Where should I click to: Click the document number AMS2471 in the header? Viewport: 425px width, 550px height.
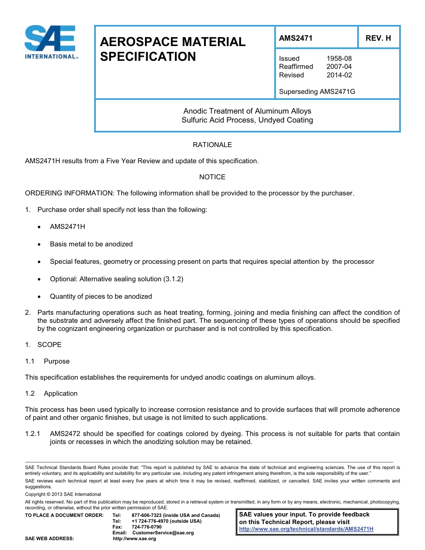click(x=295, y=38)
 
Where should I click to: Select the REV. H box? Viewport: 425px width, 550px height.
click(x=378, y=38)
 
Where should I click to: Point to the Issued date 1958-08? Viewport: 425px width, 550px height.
click(x=339, y=58)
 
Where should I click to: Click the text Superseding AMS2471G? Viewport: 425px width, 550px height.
click(x=317, y=92)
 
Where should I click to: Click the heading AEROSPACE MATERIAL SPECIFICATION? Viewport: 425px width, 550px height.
click(x=173, y=49)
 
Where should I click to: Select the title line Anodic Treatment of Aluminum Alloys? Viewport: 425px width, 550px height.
click(x=247, y=111)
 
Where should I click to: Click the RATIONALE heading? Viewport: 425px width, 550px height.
click(x=212, y=145)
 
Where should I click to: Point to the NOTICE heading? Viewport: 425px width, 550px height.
click(x=212, y=177)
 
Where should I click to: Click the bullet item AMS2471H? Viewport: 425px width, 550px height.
click(x=68, y=227)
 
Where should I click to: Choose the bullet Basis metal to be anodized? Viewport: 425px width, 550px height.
click(x=91, y=244)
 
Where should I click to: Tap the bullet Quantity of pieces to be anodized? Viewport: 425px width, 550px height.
click(x=101, y=296)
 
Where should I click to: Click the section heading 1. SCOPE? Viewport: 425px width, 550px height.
click(x=43, y=345)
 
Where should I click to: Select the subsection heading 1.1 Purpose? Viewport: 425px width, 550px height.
click(x=47, y=361)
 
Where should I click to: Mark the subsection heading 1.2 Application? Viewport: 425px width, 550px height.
click(x=51, y=393)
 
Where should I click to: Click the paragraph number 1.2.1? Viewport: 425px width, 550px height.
click(x=33, y=434)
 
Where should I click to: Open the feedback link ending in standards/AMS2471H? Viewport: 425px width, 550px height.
click(x=306, y=529)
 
